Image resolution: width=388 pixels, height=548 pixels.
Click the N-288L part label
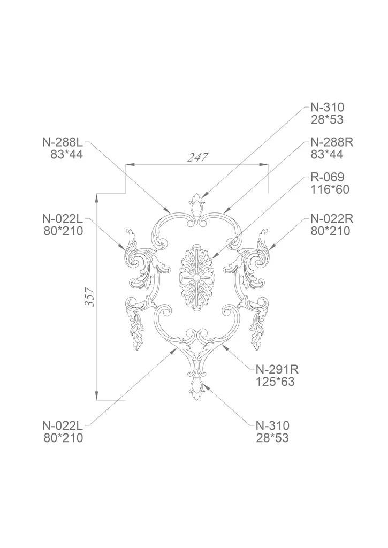63,142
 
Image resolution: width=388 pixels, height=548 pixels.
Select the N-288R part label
332,142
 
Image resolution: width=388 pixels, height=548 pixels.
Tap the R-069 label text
327,177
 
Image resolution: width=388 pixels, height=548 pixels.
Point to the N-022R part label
332,219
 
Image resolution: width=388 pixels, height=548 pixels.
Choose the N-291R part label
277,369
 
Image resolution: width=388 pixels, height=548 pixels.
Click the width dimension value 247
197,157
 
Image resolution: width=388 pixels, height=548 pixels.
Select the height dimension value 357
90,296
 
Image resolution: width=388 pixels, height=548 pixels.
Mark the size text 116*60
330,189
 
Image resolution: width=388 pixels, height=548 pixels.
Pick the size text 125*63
275,382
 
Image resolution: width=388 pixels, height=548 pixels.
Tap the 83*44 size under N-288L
66,155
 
